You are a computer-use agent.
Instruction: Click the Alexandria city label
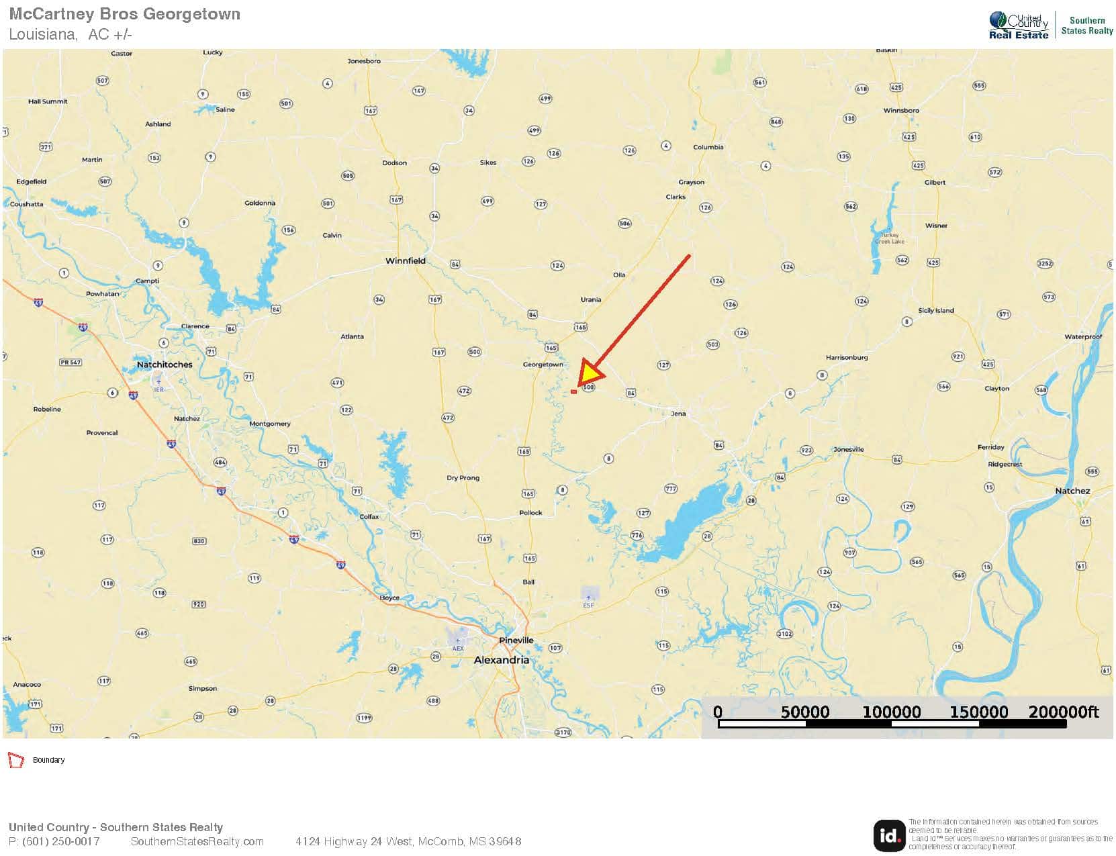pyautogui.click(x=501, y=660)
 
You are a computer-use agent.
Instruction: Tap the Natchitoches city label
pyautogui.click(x=165, y=365)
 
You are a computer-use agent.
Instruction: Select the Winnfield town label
pyautogui.click(x=405, y=260)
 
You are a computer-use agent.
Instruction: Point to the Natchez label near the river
pyautogui.click(x=1072, y=491)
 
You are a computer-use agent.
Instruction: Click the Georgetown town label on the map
pyautogui.click(x=543, y=365)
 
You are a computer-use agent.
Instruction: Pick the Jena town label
pyautogui.click(x=678, y=414)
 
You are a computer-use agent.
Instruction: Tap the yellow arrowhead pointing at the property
pyautogui.click(x=591, y=373)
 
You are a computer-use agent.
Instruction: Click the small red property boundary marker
pyautogui.click(x=573, y=391)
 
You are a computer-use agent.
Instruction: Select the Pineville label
pyautogui.click(x=516, y=640)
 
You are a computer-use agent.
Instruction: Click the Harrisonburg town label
pyautogui.click(x=846, y=358)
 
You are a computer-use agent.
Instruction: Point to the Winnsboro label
pyautogui.click(x=901, y=110)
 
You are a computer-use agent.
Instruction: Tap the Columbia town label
pyautogui.click(x=708, y=147)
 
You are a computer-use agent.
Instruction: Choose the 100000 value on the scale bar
pyautogui.click(x=891, y=712)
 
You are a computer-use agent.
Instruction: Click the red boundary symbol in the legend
pyautogui.click(x=15, y=760)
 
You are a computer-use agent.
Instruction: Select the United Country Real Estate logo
pyautogui.click(x=1018, y=26)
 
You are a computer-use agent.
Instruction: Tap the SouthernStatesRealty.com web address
pyautogui.click(x=197, y=841)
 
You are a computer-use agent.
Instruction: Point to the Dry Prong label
pyautogui.click(x=463, y=478)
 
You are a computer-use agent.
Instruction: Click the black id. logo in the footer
pyautogui.click(x=888, y=835)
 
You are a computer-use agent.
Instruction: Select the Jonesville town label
pyautogui.click(x=848, y=449)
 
